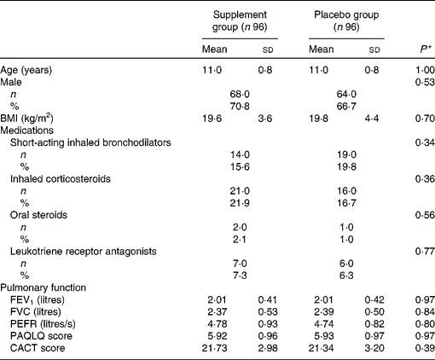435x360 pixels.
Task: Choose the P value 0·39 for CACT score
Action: coord(415,354)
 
